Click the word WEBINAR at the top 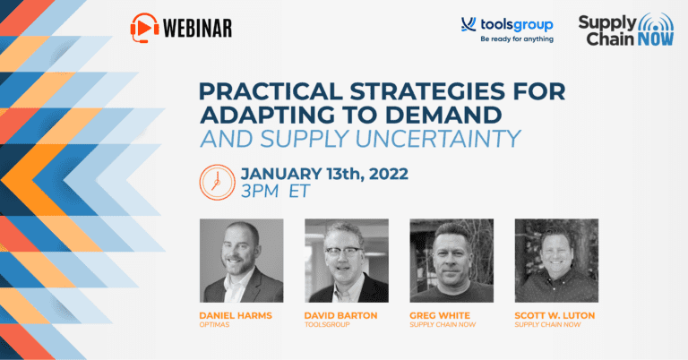coord(197,29)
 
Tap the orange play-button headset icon coord(145,28)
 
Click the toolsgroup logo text coord(516,25)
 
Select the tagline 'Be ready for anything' coord(517,39)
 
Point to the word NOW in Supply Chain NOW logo coord(656,39)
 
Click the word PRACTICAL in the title coord(271,91)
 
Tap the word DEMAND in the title coord(443,115)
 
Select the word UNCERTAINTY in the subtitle coord(438,139)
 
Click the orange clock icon coord(217,183)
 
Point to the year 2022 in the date coord(389,174)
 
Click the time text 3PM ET coord(276,191)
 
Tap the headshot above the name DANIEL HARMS coord(241,261)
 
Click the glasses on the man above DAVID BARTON coord(344,253)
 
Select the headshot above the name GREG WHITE coord(451,261)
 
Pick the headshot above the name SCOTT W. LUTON coord(556,261)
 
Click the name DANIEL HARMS coord(236,316)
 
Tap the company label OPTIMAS coord(214,325)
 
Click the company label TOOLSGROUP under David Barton coord(327,325)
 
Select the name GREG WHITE coord(440,316)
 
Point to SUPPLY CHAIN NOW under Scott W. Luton coord(547,325)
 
